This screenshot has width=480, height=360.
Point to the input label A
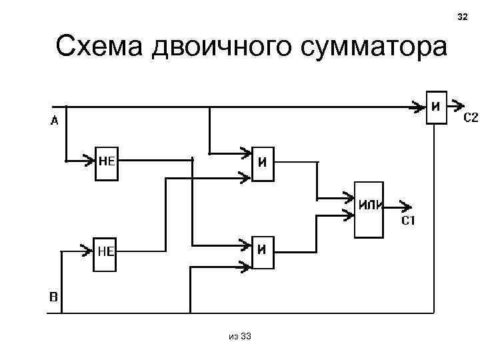point(54,121)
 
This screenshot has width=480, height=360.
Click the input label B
point(54,295)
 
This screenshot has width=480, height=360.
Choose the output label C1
point(408,221)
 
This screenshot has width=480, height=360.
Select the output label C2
point(471,118)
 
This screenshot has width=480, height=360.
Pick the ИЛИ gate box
point(369,209)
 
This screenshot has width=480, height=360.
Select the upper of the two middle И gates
point(263,164)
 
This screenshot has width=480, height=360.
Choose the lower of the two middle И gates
point(263,253)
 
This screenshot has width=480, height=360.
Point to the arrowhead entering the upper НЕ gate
point(88,160)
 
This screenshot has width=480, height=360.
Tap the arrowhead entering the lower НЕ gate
point(85,251)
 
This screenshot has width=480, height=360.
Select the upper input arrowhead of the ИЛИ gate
point(349,198)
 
